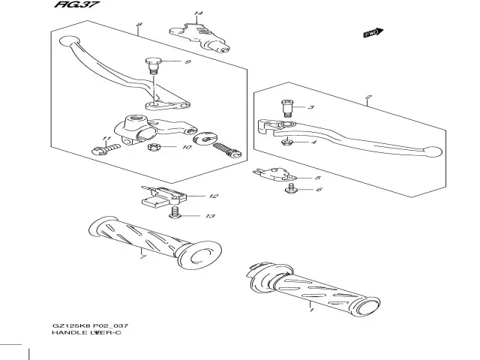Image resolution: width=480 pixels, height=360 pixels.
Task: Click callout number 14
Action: coord(198,14)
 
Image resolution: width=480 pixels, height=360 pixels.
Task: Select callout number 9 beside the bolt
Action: coord(187,61)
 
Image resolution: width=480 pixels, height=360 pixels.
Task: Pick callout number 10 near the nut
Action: coord(187,147)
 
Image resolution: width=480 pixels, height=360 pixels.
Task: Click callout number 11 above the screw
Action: coord(106,140)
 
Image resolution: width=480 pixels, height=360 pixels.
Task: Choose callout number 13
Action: coord(210,216)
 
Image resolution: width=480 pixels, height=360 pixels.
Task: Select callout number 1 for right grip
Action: coord(310,306)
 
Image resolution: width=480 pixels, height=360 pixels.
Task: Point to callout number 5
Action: coord(318,178)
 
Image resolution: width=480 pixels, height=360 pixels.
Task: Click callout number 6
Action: coord(318,190)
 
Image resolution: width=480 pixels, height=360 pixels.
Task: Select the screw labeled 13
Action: coord(175,216)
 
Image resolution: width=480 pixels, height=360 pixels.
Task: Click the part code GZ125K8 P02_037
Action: coord(88,323)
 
